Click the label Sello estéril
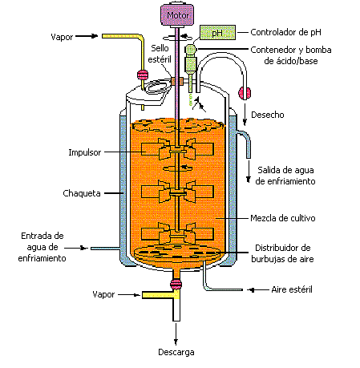(x=164, y=54)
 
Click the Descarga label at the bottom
(x=175, y=352)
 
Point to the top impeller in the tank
(x=176, y=149)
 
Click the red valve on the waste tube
(x=244, y=94)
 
